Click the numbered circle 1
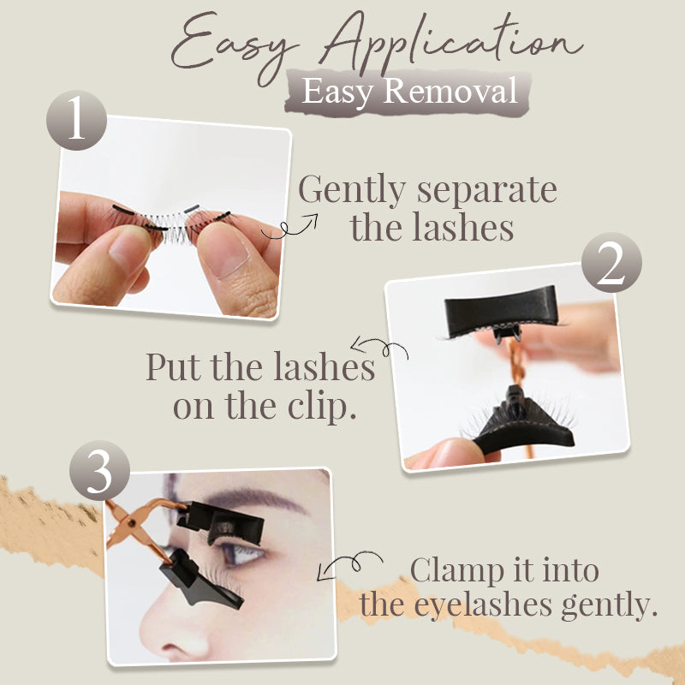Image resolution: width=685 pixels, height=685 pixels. [x=76, y=120]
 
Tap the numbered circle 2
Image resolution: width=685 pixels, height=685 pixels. [x=611, y=262]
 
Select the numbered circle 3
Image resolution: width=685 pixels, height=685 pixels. [x=99, y=470]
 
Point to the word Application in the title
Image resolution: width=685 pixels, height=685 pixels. [x=452, y=44]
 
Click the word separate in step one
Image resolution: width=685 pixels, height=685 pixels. [x=486, y=191]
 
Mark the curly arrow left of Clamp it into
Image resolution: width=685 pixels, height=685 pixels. [x=349, y=563]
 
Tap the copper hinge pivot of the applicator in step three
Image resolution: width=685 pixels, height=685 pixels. [x=132, y=521]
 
